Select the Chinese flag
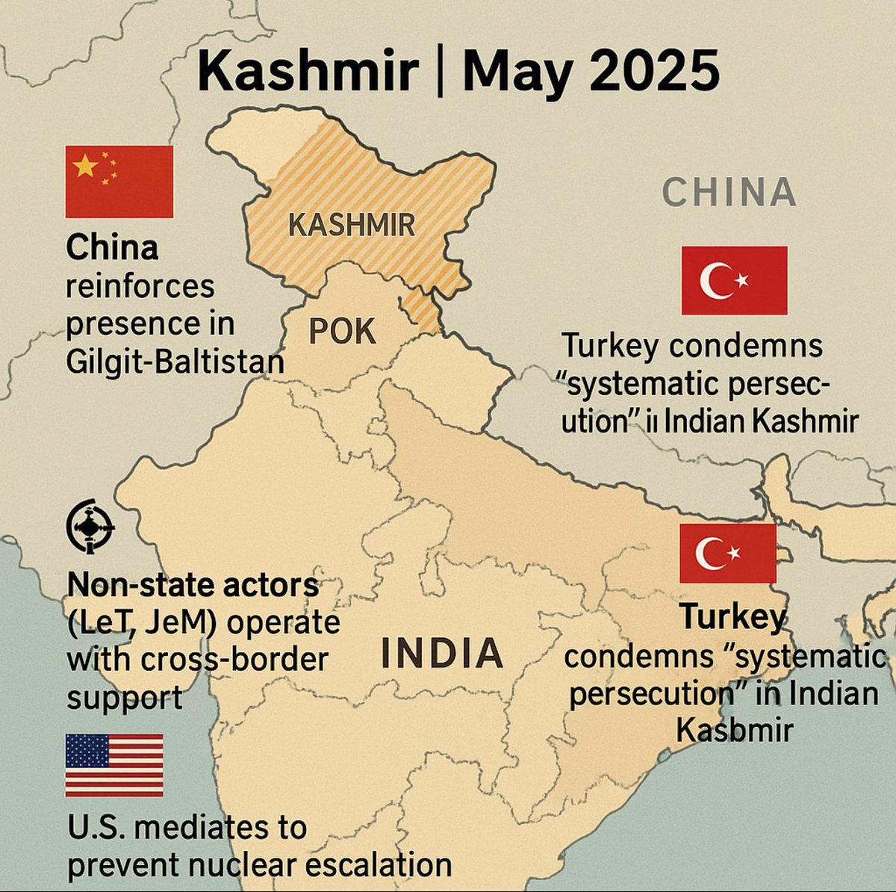click(119, 182)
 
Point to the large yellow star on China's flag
click(86, 165)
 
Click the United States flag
click(114, 764)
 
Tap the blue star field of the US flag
click(86, 750)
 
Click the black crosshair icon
click(90, 526)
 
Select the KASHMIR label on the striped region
click(351, 224)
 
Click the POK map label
click(342, 332)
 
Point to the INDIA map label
click(442, 653)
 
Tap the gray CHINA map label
click(729, 192)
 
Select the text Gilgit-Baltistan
click(175, 362)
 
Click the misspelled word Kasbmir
click(735, 729)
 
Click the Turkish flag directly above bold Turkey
click(727, 553)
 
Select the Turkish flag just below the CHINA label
click(734, 280)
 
